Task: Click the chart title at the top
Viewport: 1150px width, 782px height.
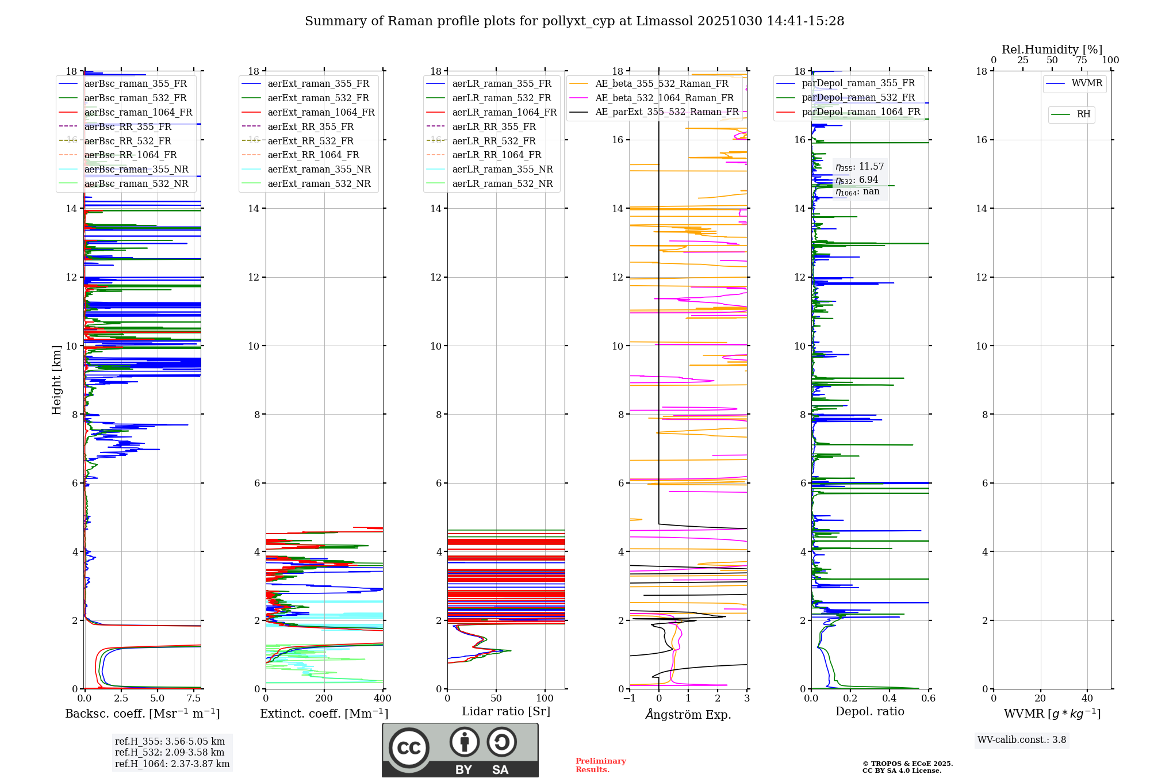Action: (574, 21)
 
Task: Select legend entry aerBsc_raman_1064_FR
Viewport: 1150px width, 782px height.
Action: (138, 113)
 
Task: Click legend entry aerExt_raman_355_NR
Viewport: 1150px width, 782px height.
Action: (319, 170)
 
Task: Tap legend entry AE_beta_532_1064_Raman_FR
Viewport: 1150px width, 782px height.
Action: (664, 98)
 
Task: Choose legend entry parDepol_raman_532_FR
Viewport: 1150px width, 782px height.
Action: (858, 98)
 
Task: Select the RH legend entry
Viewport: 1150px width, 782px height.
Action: (1083, 114)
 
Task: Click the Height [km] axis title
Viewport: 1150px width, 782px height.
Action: (56, 379)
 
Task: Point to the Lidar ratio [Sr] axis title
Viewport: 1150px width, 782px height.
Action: (506, 712)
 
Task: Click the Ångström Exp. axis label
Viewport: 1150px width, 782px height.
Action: (688, 715)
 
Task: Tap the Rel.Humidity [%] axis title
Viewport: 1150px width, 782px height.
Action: (1052, 49)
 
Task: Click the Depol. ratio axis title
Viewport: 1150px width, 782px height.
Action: (869, 712)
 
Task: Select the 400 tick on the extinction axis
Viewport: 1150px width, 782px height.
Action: (383, 699)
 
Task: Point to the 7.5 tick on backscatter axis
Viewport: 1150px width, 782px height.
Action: (194, 699)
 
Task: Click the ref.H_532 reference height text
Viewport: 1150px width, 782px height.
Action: (170, 753)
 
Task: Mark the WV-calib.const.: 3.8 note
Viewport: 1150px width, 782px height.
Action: (1022, 740)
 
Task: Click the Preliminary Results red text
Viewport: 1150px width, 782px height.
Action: (600, 765)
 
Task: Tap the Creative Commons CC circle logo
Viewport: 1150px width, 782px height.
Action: (409, 748)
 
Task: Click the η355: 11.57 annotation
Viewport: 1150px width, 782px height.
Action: (860, 167)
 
